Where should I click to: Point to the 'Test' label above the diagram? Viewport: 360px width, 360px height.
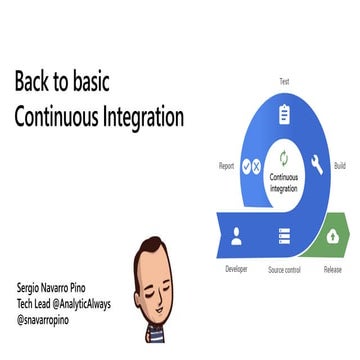point(284,81)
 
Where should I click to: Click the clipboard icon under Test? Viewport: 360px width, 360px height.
point(284,113)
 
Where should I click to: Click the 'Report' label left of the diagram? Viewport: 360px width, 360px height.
point(226,166)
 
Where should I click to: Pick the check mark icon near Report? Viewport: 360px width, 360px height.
point(246,167)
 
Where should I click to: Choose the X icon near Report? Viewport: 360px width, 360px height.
point(257,167)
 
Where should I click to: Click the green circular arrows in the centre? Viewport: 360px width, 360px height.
point(284,158)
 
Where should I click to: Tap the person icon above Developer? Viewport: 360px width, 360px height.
point(237,237)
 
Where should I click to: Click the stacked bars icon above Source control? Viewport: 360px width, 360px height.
point(284,237)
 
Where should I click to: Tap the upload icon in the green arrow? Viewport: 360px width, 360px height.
point(332,237)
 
